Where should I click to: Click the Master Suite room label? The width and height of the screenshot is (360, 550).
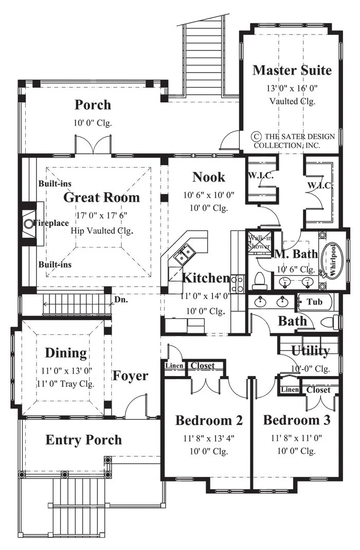pyautogui.click(x=292, y=70)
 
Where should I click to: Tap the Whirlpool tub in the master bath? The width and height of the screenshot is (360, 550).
pyautogui.click(x=332, y=260)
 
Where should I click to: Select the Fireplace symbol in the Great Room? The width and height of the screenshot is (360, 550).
pyautogui.click(x=28, y=223)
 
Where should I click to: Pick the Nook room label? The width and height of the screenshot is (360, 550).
pyautogui.click(x=209, y=177)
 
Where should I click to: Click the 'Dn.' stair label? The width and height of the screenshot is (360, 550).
pyautogui.click(x=121, y=300)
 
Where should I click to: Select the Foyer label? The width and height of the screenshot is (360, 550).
pyautogui.click(x=131, y=376)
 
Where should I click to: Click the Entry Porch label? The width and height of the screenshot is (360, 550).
pyautogui.click(x=83, y=440)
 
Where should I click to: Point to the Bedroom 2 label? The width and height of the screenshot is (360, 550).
pyautogui.click(x=209, y=420)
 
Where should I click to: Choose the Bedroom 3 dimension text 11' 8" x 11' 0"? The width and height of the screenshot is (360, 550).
pyautogui.click(x=296, y=438)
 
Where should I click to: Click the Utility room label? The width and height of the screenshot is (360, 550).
pyautogui.click(x=310, y=350)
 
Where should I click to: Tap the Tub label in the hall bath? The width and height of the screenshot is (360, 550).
pyautogui.click(x=314, y=301)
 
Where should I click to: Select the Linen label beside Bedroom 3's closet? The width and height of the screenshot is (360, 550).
pyautogui.click(x=290, y=389)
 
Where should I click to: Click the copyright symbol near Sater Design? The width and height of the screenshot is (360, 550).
pyautogui.click(x=257, y=136)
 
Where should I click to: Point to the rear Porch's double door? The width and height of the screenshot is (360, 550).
pyautogui.click(x=93, y=144)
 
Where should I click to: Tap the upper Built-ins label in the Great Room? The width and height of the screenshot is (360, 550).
pyautogui.click(x=55, y=184)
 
